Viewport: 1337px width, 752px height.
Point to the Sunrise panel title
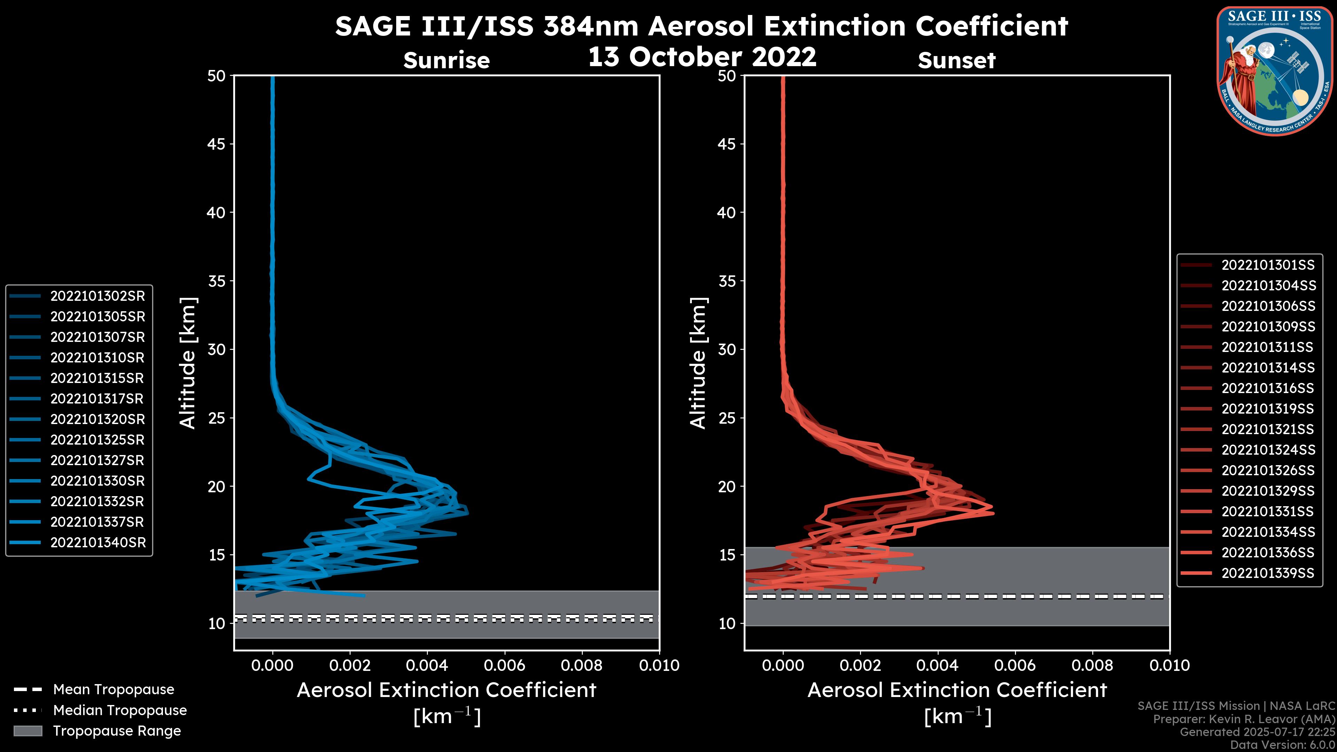pyautogui.click(x=446, y=61)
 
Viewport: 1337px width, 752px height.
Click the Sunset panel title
pyautogui.click(x=956, y=61)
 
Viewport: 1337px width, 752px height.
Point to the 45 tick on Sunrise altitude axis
pyautogui.click(x=217, y=144)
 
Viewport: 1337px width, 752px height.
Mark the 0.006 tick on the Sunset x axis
pyautogui.click(x=1015, y=665)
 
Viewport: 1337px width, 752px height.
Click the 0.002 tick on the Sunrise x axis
pyautogui.click(x=350, y=665)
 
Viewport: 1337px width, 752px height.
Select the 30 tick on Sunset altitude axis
pyautogui.click(x=727, y=349)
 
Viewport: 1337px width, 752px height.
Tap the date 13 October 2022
pyautogui.click(x=702, y=56)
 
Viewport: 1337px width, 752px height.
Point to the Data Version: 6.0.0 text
pyautogui.click(x=1282, y=745)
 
